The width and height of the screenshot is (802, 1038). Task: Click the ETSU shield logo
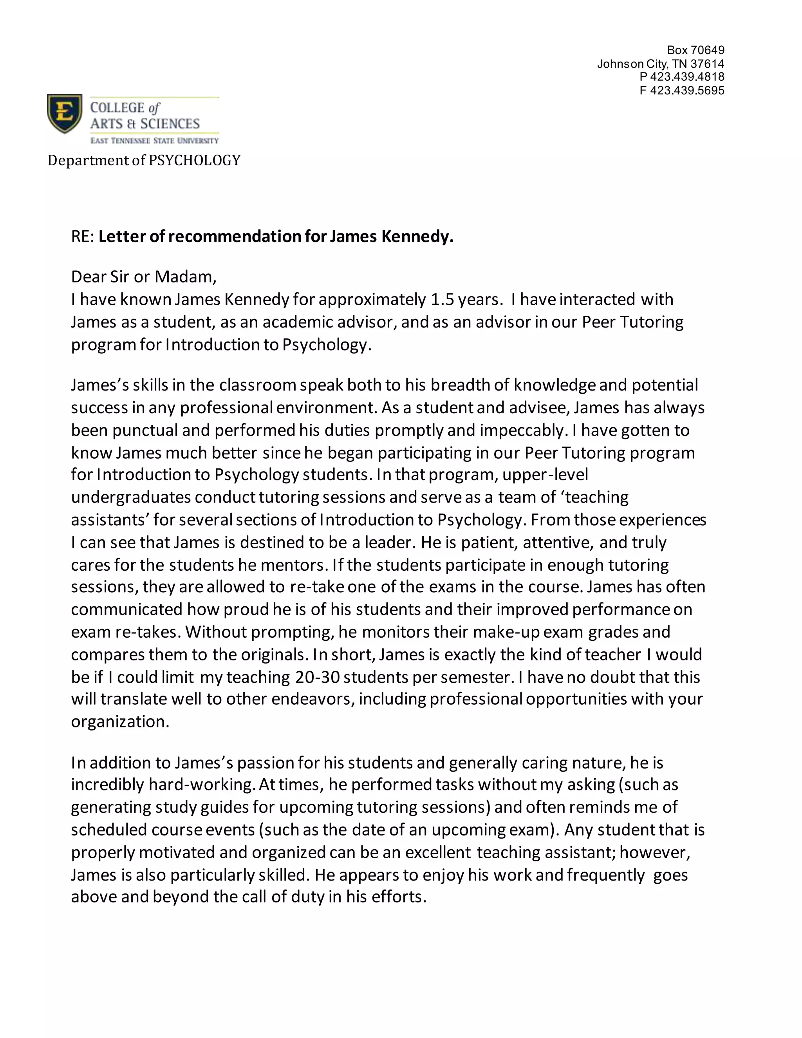tap(64, 114)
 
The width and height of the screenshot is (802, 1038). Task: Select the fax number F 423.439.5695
tap(682, 90)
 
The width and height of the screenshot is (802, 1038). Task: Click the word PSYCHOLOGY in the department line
tap(194, 161)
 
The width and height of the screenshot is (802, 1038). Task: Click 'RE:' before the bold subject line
tap(83, 237)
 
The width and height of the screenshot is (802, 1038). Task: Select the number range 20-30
tap(317, 677)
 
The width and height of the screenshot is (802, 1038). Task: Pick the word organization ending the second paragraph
tap(119, 722)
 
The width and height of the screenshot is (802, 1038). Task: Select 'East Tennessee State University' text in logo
tap(154, 141)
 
